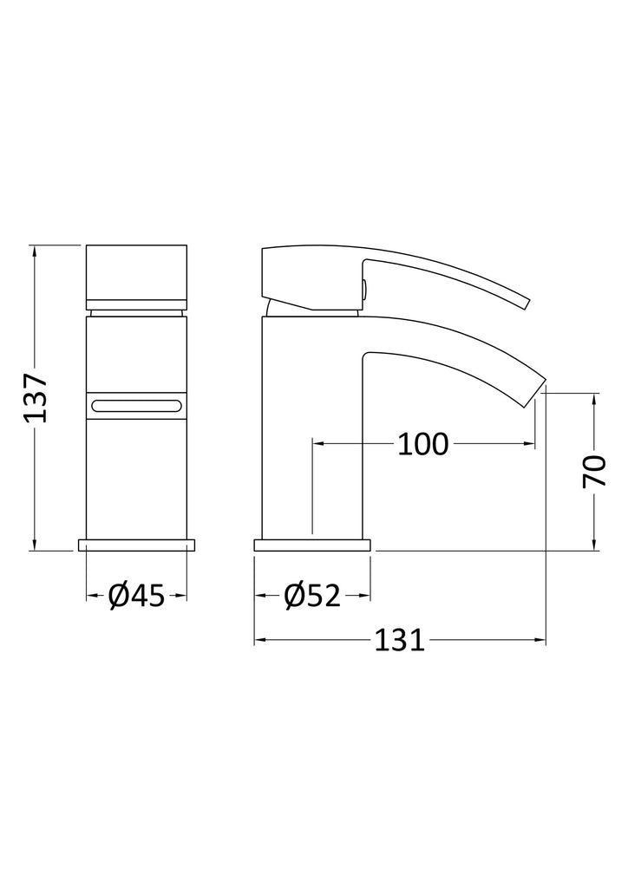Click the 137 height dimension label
(x=35, y=397)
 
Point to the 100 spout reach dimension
(x=423, y=444)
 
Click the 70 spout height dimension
(x=594, y=471)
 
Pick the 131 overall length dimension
(x=399, y=641)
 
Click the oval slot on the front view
(x=136, y=406)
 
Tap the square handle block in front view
(x=136, y=277)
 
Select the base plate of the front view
(x=136, y=545)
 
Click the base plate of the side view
(x=312, y=545)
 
